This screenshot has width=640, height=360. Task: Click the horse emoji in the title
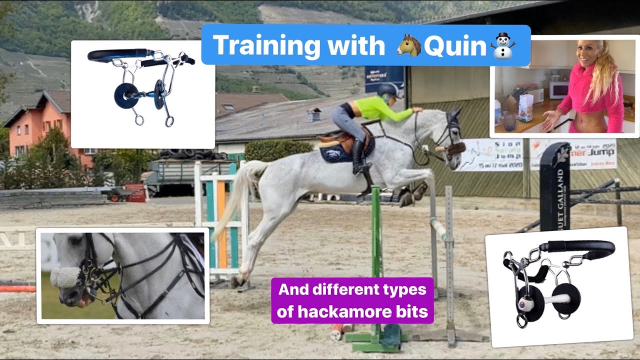[x=408, y=45]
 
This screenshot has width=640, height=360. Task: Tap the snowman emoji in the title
[x=503, y=45]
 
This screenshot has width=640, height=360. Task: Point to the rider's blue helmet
[x=386, y=90]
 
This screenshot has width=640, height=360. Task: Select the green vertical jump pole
[x=376, y=250]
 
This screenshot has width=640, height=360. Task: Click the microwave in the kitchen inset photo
[x=558, y=90]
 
